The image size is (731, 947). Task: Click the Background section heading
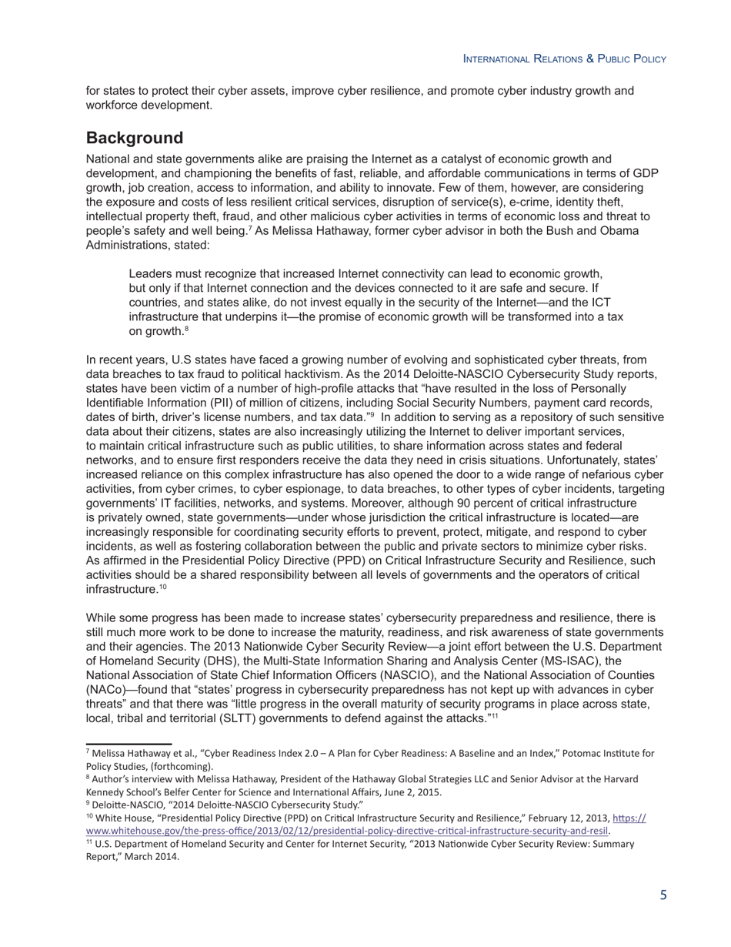pos(135,138)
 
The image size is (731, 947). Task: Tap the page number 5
pos(663,895)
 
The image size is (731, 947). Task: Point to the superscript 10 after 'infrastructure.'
pos(162,587)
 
